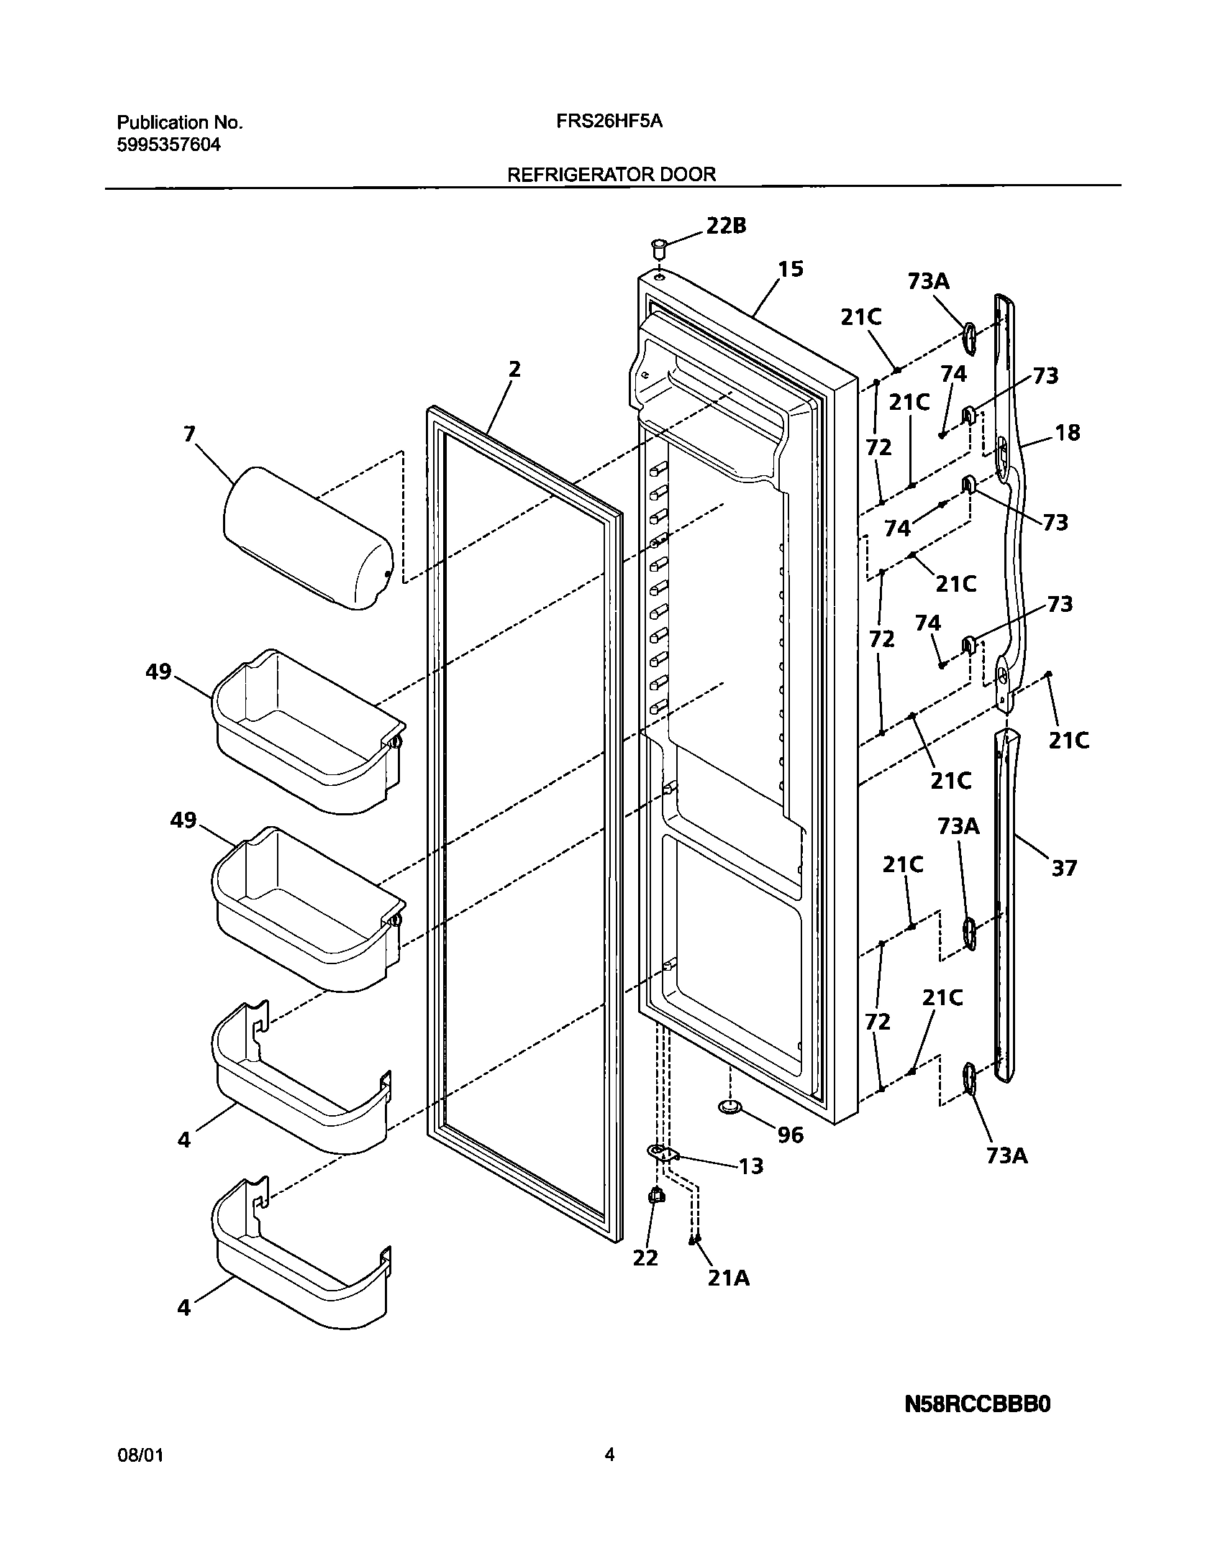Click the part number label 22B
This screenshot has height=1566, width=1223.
click(x=726, y=226)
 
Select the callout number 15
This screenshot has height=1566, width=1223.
click(x=790, y=269)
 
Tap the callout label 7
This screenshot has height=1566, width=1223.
click(x=189, y=434)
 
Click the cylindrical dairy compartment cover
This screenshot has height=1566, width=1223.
click(x=308, y=538)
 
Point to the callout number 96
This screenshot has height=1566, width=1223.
click(x=790, y=1135)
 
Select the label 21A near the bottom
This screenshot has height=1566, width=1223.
click(x=728, y=1278)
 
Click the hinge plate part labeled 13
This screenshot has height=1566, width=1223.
click(x=663, y=1153)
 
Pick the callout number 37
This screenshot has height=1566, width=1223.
click(x=1064, y=868)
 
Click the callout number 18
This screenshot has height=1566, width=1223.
click(x=1068, y=432)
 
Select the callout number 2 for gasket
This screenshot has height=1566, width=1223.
click(x=514, y=369)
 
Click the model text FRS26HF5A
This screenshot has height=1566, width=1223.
click(x=609, y=122)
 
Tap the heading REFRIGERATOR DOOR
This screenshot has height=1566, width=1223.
click(x=611, y=174)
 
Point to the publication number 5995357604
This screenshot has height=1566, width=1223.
click(x=168, y=145)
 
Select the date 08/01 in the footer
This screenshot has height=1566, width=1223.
click(x=140, y=1455)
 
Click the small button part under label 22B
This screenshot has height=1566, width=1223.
click(x=658, y=249)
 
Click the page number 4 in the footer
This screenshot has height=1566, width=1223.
click(x=609, y=1455)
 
